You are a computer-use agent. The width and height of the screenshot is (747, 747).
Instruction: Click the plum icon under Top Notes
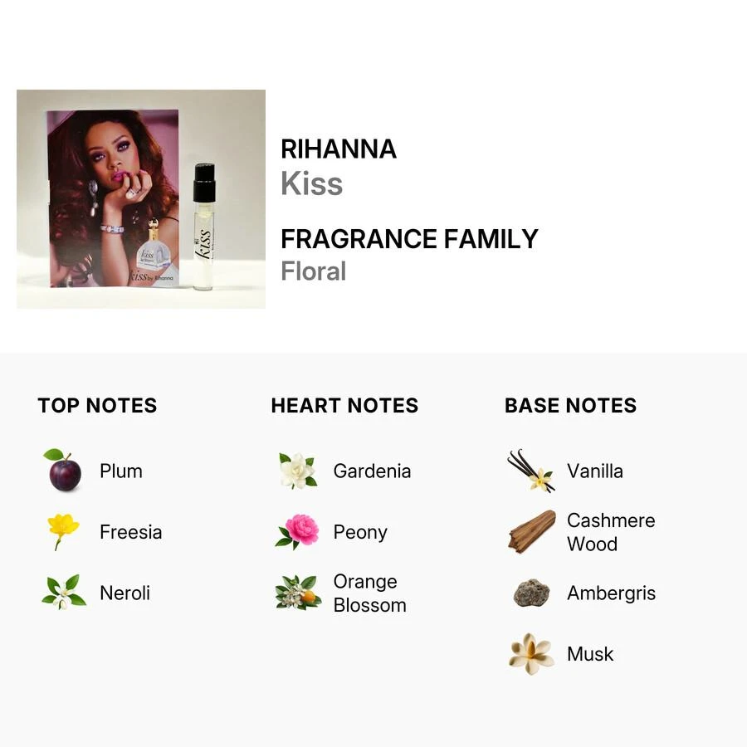pos(64,471)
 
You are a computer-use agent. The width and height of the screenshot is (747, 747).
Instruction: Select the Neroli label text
pos(124,593)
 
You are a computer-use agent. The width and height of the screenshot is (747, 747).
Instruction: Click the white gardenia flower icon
pos(297,471)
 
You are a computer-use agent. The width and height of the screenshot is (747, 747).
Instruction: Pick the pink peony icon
pos(297,531)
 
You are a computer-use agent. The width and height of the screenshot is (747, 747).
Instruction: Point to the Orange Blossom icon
pos(297,593)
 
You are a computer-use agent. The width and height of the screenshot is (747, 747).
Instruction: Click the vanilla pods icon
pos(531,471)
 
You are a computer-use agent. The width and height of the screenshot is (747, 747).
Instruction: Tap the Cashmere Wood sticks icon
pos(531,531)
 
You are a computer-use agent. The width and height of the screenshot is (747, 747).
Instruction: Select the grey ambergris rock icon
pos(531,593)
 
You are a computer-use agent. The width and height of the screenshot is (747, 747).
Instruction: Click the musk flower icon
pos(531,653)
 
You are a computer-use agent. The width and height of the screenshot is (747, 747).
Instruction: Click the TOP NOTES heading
pos(97,406)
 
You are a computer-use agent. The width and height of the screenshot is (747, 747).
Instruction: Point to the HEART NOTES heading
pos(344,406)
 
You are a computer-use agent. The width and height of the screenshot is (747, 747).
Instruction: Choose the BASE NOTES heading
pos(571,406)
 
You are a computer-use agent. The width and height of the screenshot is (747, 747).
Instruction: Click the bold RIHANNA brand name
pos(339,149)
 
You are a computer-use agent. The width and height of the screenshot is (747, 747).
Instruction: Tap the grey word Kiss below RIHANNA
pos(311,184)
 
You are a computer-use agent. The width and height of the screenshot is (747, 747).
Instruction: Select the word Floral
pos(313,271)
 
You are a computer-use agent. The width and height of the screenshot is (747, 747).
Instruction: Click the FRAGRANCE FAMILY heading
pos(409,239)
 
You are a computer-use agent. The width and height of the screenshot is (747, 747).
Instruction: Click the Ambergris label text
pos(611,593)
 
